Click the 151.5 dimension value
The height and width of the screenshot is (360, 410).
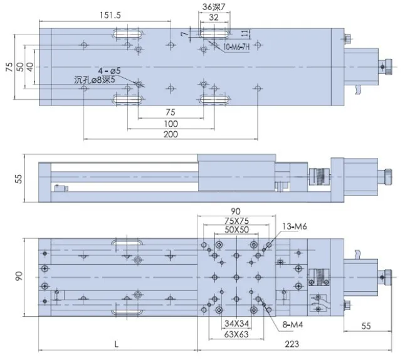(110, 16)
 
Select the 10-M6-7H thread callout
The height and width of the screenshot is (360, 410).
(236, 47)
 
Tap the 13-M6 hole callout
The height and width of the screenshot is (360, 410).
(295, 226)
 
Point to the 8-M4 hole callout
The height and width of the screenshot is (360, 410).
(293, 325)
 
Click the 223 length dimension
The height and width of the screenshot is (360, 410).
(292, 344)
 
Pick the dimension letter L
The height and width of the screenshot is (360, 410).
(117, 344)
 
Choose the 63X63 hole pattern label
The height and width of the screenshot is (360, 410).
(236, 334)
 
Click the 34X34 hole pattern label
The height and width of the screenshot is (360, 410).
(236, 324)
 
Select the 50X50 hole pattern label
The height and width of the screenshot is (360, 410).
(236, 230)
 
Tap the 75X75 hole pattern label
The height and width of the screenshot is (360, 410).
(236, 221)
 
